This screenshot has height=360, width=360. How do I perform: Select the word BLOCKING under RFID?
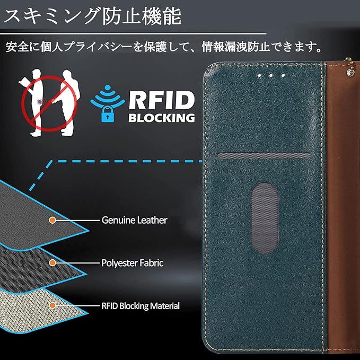pos(161,117)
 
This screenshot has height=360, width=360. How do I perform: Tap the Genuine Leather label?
pos(134,219)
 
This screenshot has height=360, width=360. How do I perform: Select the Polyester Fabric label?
pos(132,262)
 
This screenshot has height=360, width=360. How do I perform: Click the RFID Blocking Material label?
pos(140,306)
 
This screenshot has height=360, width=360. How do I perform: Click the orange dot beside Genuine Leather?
pos(52,219)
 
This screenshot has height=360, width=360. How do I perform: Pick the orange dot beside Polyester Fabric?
pos(52,262)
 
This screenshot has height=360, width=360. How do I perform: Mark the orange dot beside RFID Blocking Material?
pos(52,306)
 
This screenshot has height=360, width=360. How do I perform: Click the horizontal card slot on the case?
pos(264,155)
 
